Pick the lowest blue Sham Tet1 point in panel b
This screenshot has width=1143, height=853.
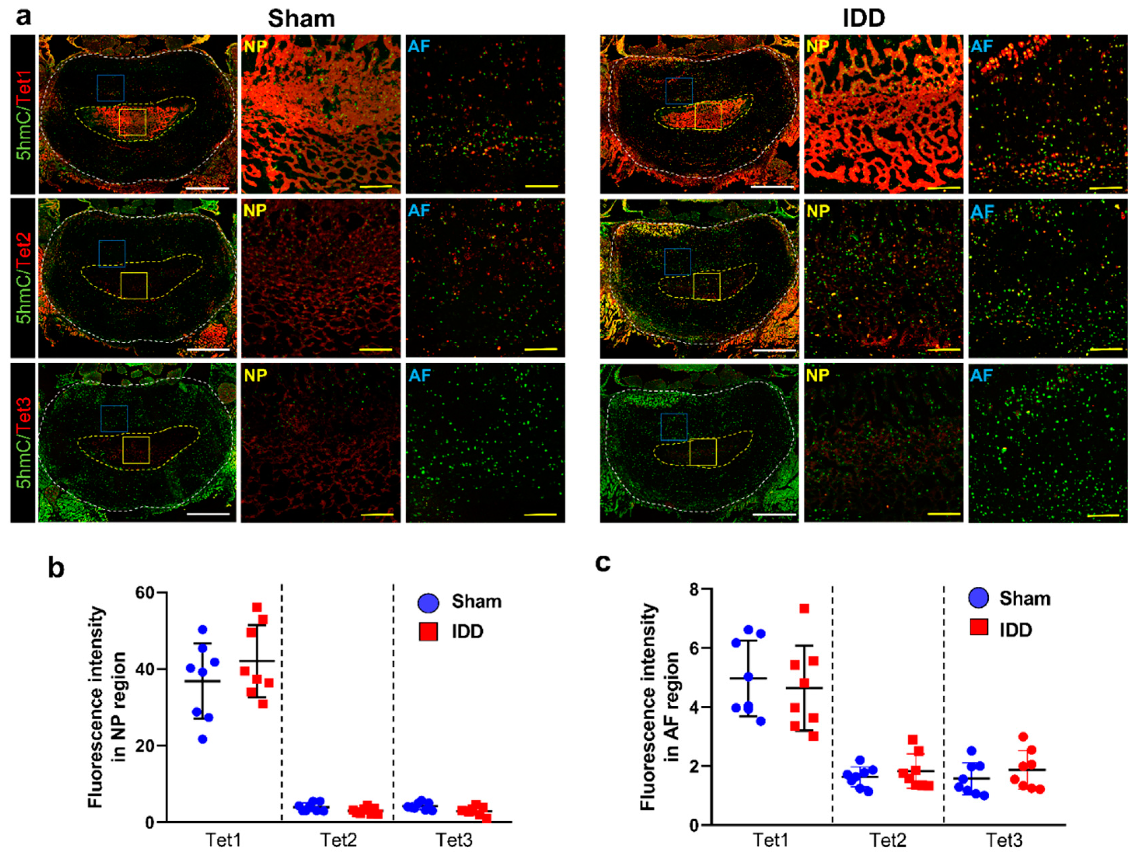tap(203, 739)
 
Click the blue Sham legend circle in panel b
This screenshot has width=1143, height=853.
tap(428, 602)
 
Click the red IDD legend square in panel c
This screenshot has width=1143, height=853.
tap(979, 627)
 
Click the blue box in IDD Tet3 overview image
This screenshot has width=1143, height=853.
tap(674, 427)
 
